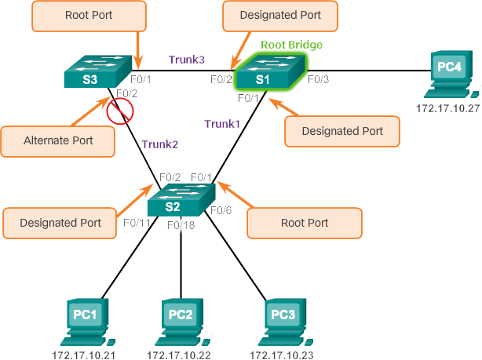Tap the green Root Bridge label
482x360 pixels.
tap(290, 45)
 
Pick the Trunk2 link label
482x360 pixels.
tap(159, 144)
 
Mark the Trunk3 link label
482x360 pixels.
tap(186, 60)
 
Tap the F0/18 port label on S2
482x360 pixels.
tap(181, 225)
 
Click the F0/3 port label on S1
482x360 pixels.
tap(318, 79)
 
